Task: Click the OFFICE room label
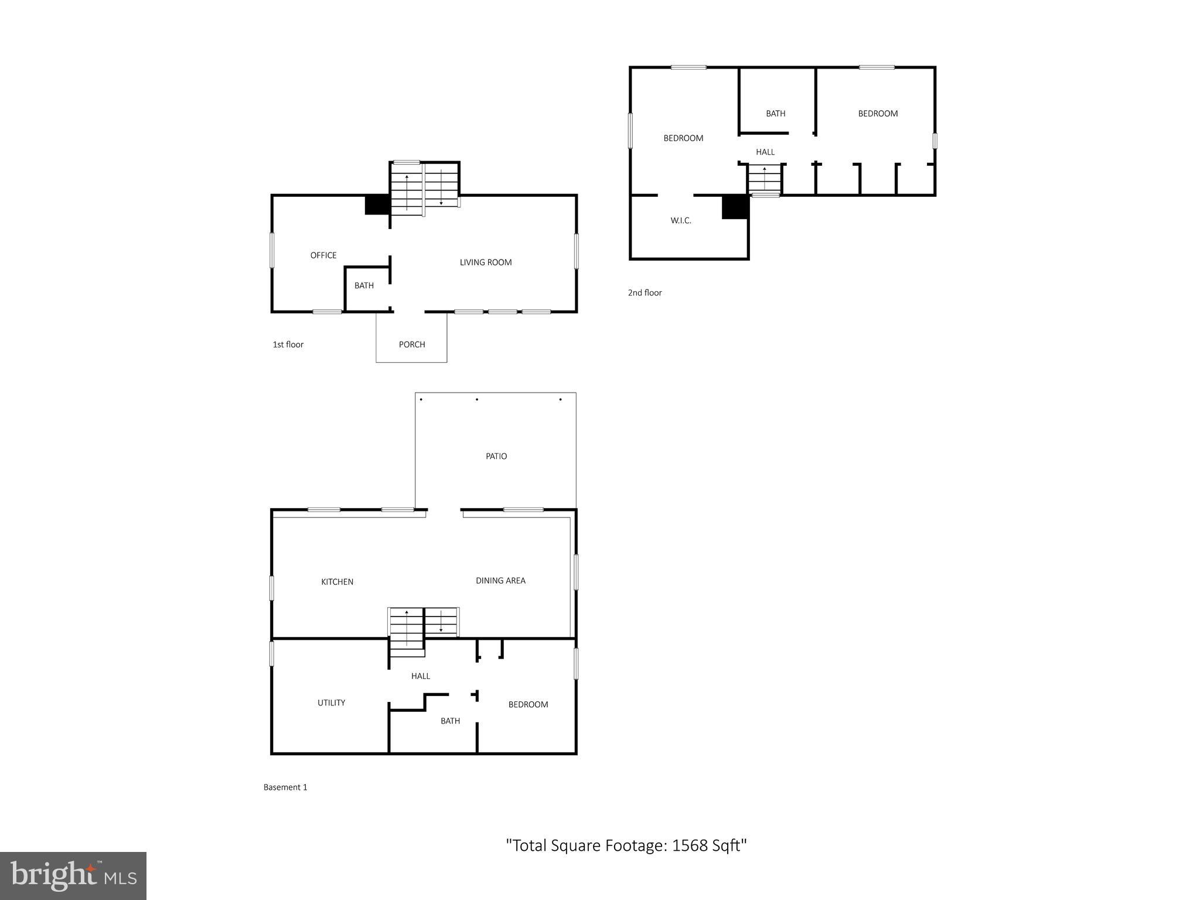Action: pos(323,255)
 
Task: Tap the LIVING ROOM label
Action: pos(486,262)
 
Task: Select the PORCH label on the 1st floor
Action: pos(412,345)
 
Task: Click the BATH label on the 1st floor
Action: pos(364,286)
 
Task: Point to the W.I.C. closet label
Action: pos(681,221)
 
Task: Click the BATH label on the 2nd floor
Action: pos(775,114)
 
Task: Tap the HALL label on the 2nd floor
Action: pos(765,152)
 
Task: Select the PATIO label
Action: pos(496,456)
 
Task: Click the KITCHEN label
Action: pos(337,582)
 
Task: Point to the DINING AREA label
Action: pos(500,581)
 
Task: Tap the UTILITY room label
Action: pos(331,703)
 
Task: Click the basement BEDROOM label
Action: pos(528,705)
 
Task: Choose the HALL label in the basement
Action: pos(421,676)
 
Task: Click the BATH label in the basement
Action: pos(450,721)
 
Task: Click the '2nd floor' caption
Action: pos(645,293)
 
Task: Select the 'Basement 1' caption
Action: pos(285,787)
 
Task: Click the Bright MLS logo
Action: pos(73,875)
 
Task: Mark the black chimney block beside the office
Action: pos(377,204)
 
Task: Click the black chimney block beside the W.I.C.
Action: pos(735,207)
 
